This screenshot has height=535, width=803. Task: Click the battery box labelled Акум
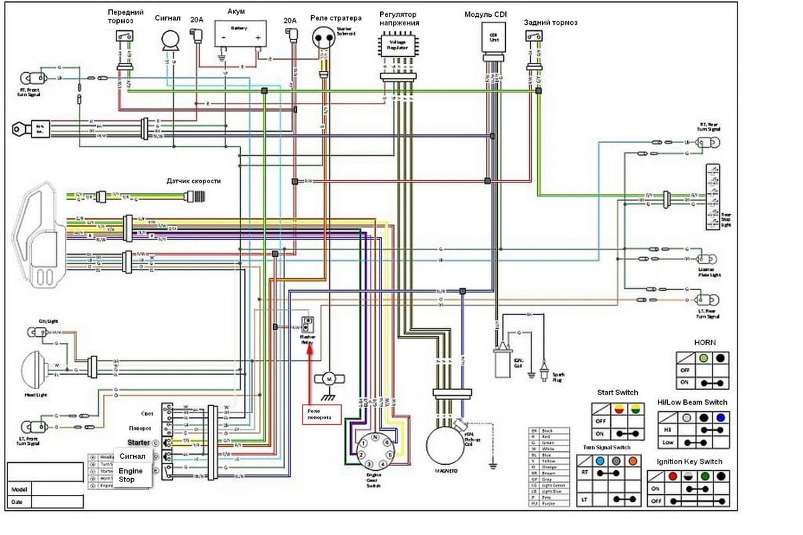click(x=240, y=33)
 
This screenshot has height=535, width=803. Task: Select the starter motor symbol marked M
click(x=329, y=379)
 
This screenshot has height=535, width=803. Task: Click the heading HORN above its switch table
click(x=704, y=342)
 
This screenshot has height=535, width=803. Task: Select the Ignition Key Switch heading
click(x=689, y=461)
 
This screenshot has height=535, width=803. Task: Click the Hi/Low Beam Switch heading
click(x=693, y=402)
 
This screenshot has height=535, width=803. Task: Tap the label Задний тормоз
click(x=550, y=23)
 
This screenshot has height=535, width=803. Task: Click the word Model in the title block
click(x=19, y=490)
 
